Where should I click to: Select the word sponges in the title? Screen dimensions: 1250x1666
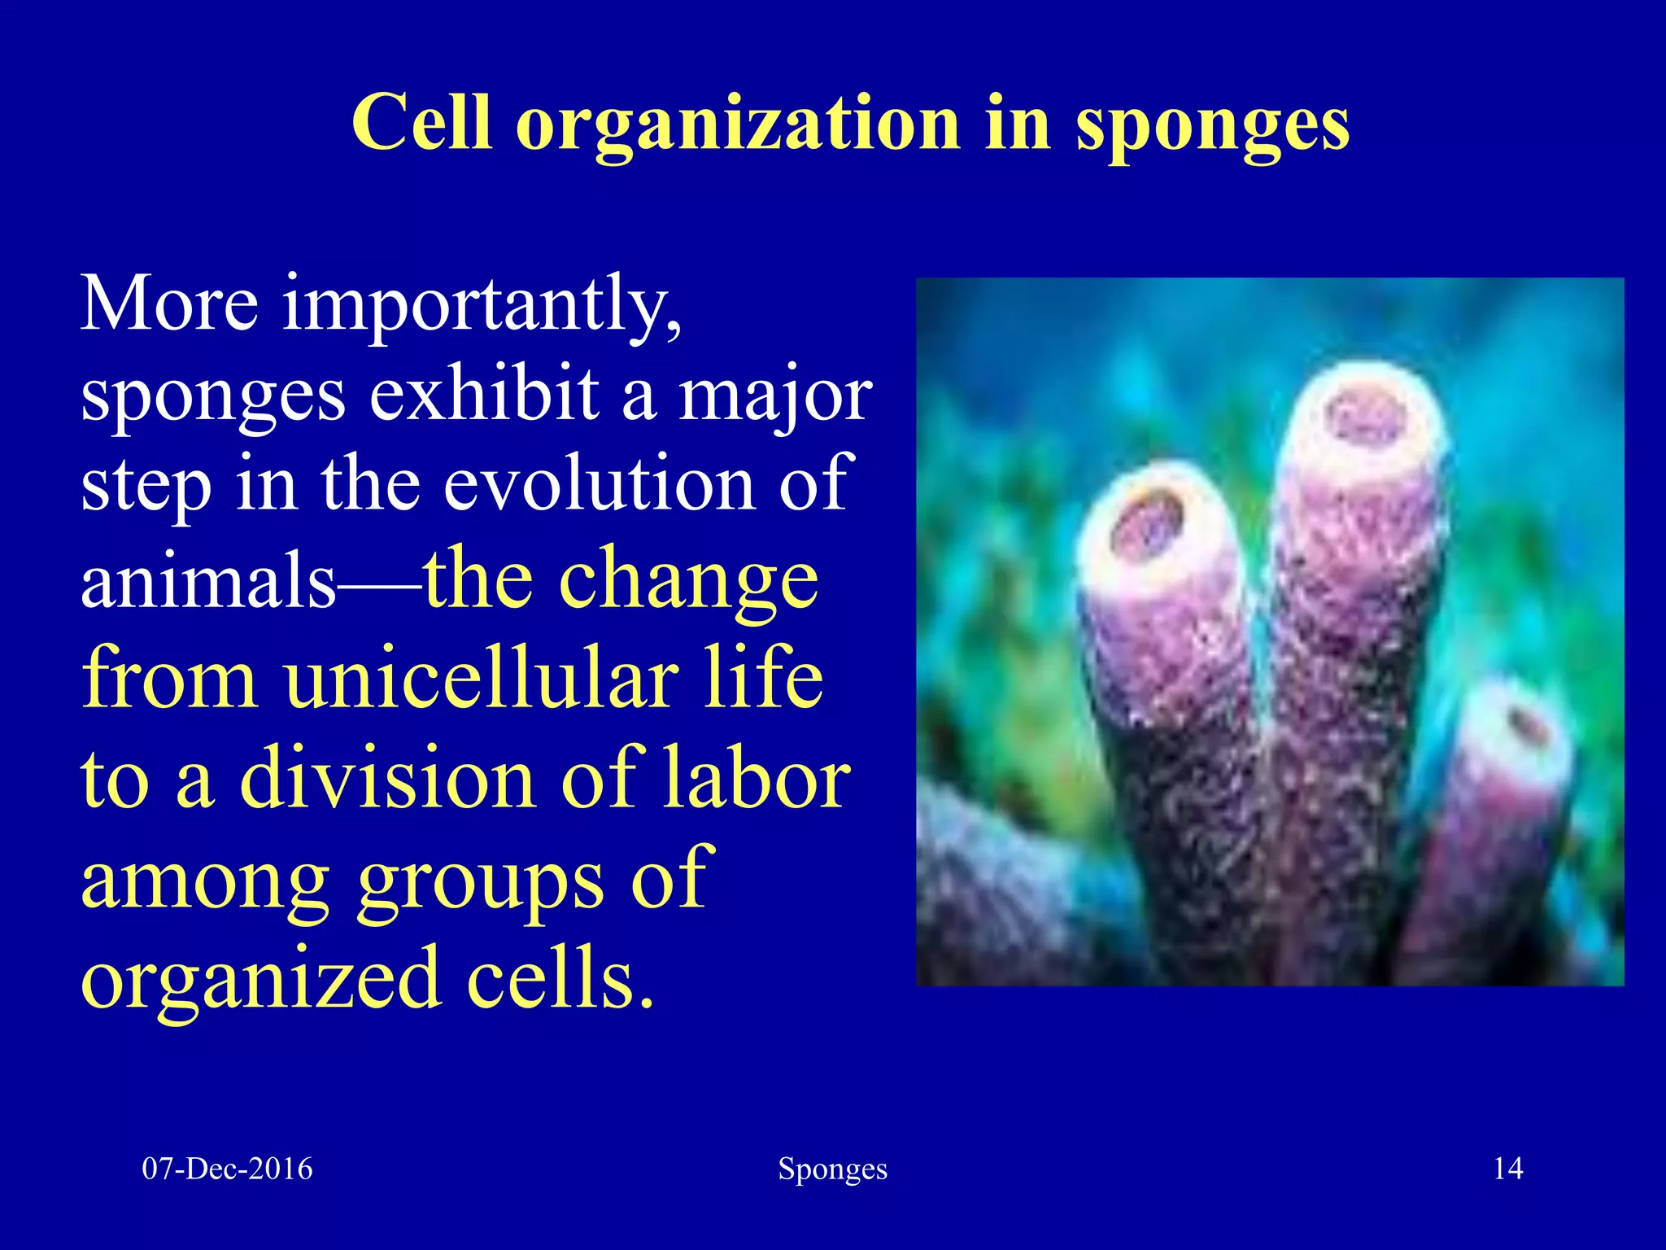(x=1213, y=126)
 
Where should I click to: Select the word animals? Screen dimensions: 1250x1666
(x=208, y=581)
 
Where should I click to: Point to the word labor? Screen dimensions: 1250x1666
(x=756, y=779)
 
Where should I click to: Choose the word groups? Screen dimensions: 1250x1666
(x=480, y=881)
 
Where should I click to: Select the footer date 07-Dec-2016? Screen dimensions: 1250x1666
(x=227, y=1169)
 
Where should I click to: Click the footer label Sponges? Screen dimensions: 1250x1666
(x=832, y=1169)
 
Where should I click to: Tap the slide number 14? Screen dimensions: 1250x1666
(x=1507, y=1169)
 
